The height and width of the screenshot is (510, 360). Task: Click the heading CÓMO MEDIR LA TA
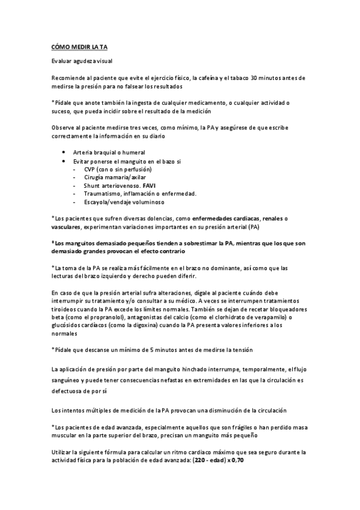click(79, 46)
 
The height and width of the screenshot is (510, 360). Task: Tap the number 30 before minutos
click(255, 78)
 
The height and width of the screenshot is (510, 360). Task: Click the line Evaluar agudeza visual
click(82, 62)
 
